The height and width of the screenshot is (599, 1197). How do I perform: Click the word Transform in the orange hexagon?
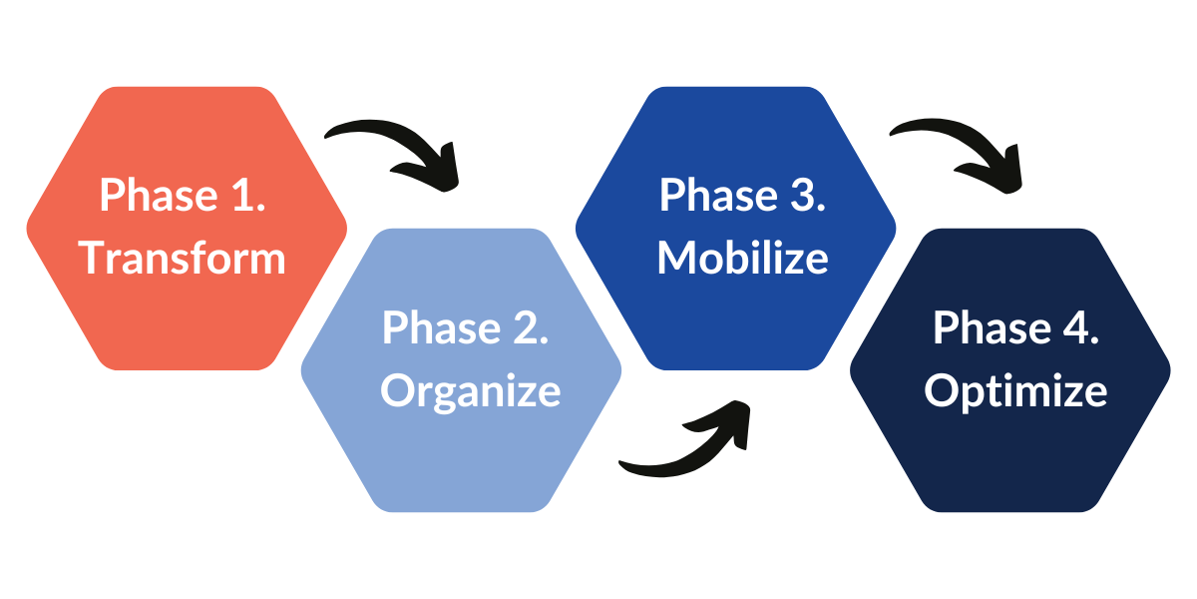(183, 259)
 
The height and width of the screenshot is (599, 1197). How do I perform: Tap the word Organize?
(471, 390)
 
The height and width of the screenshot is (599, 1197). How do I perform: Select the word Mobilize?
(743, 258)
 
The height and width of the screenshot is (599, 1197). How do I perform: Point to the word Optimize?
(1015, 390)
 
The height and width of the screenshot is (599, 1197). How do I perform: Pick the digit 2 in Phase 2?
(529, 327)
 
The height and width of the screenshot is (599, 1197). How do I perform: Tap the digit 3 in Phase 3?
(805, 195)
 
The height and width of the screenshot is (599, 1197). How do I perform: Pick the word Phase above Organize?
(440, 327)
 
